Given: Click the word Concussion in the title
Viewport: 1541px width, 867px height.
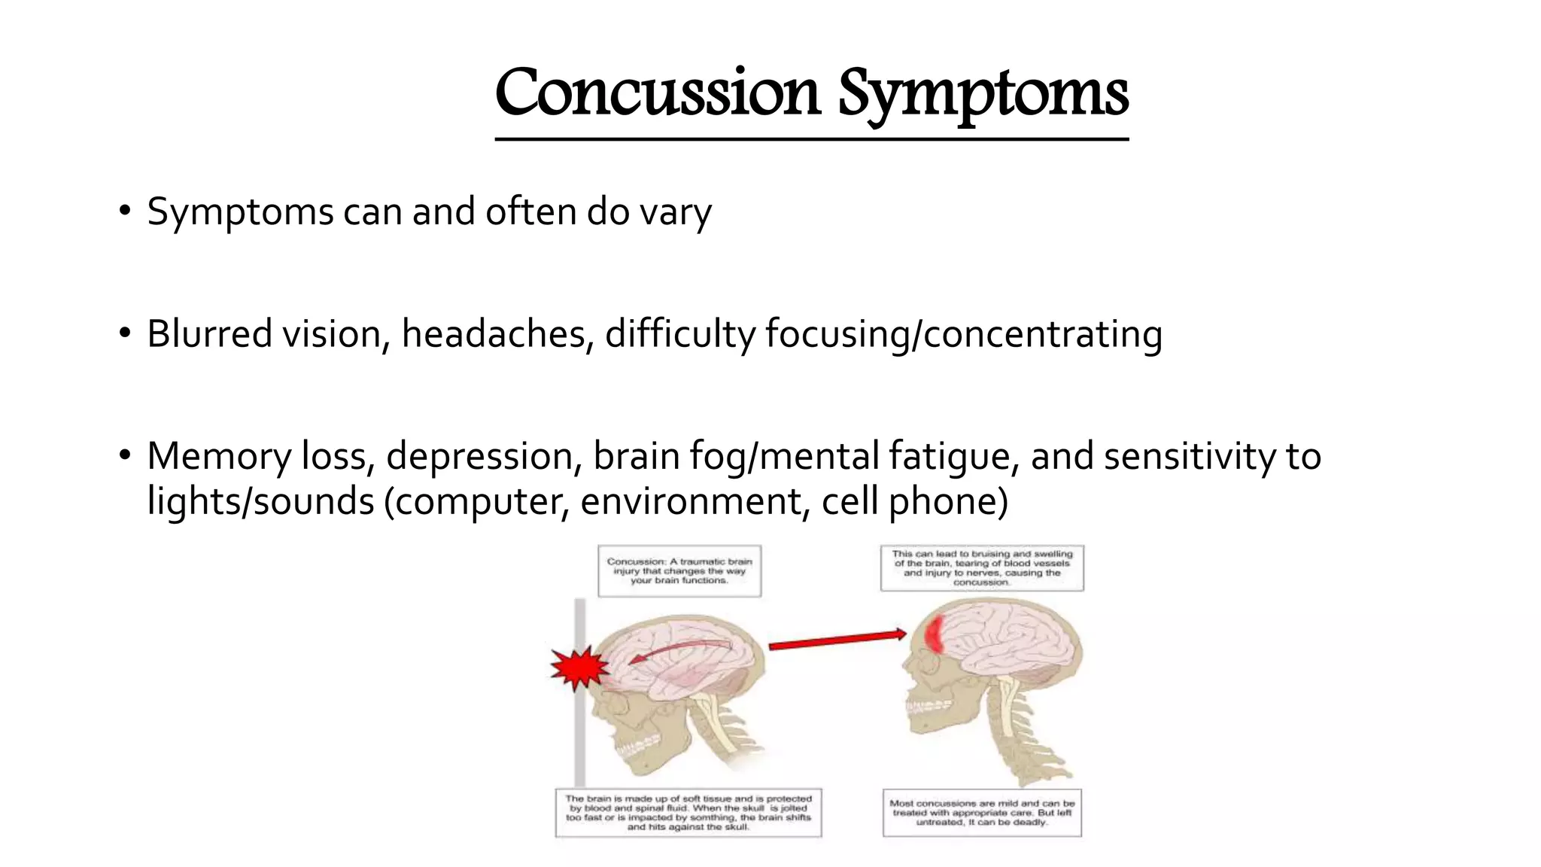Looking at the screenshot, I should (x=656, y=93).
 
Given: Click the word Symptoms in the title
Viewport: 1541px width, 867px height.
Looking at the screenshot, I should (x=983, y=95).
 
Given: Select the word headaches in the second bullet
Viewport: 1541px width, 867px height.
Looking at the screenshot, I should (x=494, y=334).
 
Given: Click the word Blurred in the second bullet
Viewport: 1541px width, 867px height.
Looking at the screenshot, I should (x=209, y=334).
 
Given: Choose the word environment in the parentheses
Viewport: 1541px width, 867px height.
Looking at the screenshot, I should (x=690, y=502).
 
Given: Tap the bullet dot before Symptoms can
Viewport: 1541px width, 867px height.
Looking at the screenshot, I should (x=125, y=211).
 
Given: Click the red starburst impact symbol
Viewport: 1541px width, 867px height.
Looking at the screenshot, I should (x=578, y=668).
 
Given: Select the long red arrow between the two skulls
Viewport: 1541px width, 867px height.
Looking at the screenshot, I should (x=837, y=640).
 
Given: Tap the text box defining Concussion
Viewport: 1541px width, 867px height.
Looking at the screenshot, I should (x=679, y=571).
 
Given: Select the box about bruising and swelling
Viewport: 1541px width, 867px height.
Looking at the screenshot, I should (x=982, y=568).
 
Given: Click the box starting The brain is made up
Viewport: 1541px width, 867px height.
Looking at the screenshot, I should (x=688, y=813).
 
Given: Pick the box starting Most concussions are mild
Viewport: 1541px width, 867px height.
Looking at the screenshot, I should (x=982, y=813).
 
